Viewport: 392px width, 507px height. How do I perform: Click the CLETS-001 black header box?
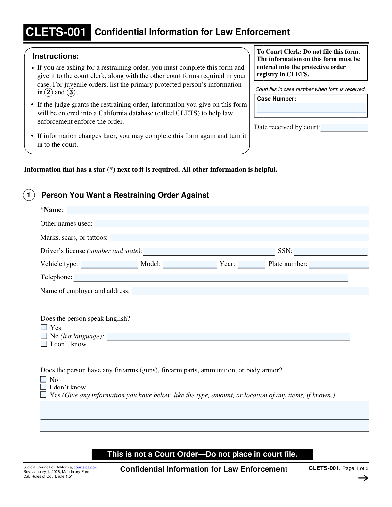pyautogui.click(x=57, y=32)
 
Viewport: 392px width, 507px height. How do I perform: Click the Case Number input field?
pyautogui.click(x=311, y=108)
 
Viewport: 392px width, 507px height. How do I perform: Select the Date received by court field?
pyautogui.click(x=344, y=127)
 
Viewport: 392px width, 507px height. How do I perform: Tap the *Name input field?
pyautogui.click(x=218, y=210)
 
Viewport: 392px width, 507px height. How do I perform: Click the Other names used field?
pyautogui.click(x=231, y=224)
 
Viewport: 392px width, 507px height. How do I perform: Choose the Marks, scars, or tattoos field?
pyautogui.click(x=239, y=238)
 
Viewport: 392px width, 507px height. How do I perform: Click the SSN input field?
pyautogui.click(x=331, y=251)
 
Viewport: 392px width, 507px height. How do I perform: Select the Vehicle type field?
pyautogui.click(x=109, y=264)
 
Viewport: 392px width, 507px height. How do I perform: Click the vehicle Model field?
pyautogui.click(x=190, y=264)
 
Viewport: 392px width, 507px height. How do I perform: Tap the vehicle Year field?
pyautogui.click(x=251, y=264)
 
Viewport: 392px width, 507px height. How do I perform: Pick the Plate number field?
pyautogui.click(x=339, y=264)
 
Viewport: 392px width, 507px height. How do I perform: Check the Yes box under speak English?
pyautogui.click(x=44, y=327)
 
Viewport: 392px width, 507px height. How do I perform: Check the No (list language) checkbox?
pyautogui.click(x=44, y=336)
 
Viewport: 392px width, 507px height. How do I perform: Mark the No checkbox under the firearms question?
pyautogui.click(x=43, y=379)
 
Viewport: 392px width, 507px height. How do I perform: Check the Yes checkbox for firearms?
pyautogui.click(x=43, y=395)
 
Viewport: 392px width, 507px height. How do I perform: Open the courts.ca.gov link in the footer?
pyautogui.click(x=85, y=467)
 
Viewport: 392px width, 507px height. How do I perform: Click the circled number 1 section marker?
pyautogui.click(x=29, y=195)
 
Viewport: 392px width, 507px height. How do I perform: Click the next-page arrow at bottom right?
pyautogui.click(x=363, y=478)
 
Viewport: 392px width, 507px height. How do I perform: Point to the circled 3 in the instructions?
pyautogui.click(x=71, y=92)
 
